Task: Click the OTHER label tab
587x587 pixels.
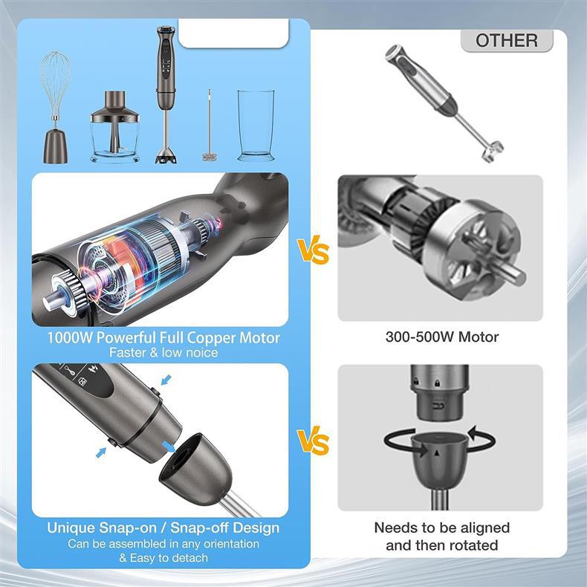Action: click(x=507, y=40)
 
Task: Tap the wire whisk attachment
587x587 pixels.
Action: click(x=56, y=107)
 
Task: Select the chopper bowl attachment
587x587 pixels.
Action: click(x=114, y=127)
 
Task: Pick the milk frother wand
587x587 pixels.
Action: click(x=210, y=126)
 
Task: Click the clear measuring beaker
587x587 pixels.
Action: click(x=256, y=126)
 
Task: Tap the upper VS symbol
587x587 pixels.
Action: click(x=313, y=250)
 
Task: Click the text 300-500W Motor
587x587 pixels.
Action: click(x=442, y=337)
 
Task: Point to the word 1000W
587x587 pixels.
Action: click(x=70, y=337)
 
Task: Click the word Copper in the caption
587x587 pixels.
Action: click(x=212, y=338)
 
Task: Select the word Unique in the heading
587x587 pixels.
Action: click(x=71, y=528)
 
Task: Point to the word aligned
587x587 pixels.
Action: click(x=484, y=528)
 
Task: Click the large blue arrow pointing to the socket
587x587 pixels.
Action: click(x=169, y=447)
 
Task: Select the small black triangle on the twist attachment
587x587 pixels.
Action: click(x=436, y=453)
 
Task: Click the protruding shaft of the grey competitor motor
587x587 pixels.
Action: click(x=510, y=273)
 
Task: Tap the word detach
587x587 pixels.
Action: click(x=189, y=558)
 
